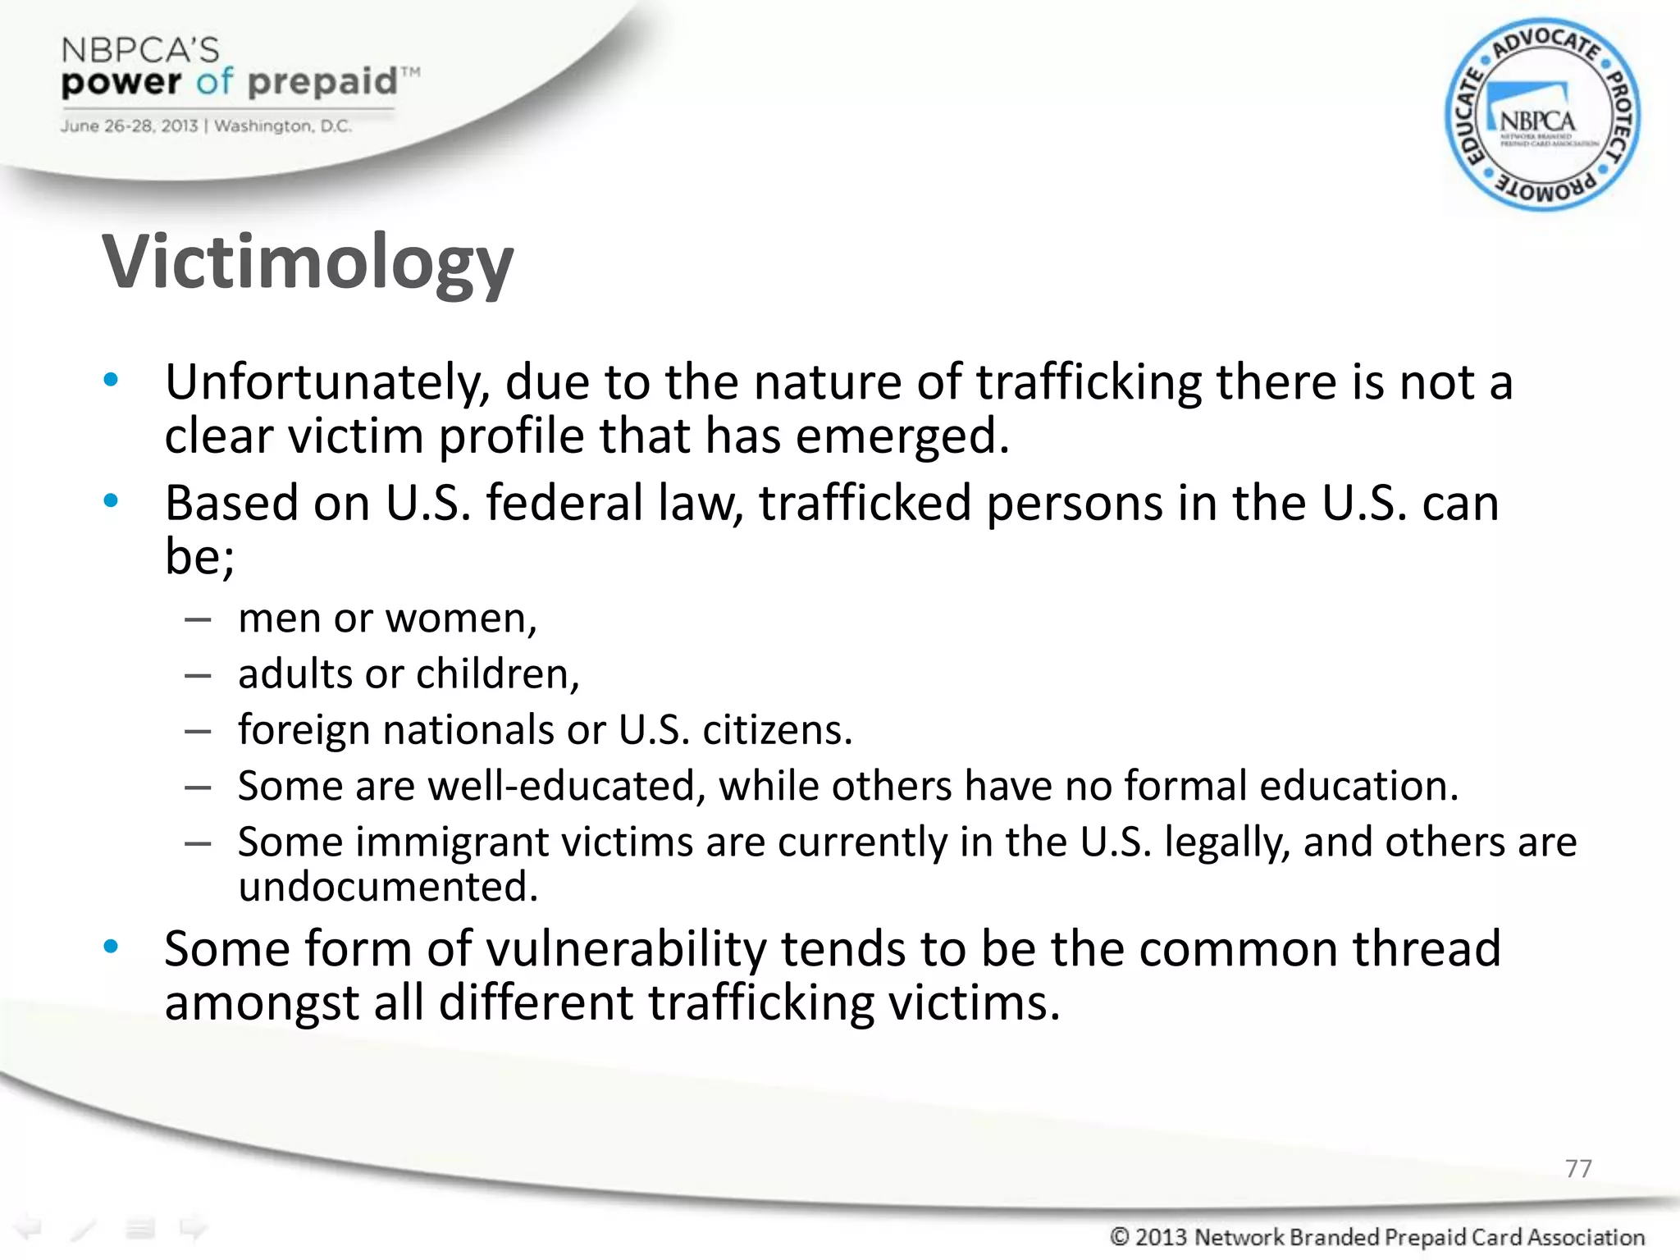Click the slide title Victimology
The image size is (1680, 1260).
coord(308,262)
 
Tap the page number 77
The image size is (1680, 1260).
coord(1578,1168)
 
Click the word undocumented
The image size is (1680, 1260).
coord(387,887)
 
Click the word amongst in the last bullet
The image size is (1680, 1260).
coord(262,1002)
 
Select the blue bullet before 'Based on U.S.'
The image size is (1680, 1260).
coord(111,501)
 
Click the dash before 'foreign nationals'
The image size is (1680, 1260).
coord(198,730)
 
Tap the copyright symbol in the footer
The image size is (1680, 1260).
coord(1120,1236)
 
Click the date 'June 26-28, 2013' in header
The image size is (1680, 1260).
coord(129,126)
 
